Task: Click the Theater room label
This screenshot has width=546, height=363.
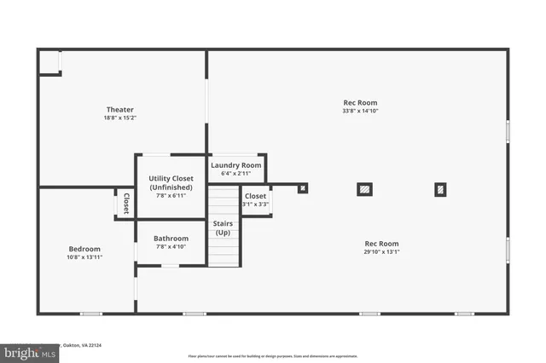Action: click(119, 109)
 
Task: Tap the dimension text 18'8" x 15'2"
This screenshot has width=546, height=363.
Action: click(119, 118)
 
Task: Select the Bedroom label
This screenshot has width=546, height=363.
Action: click(84, 249)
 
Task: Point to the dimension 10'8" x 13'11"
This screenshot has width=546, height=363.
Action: click(84, 257)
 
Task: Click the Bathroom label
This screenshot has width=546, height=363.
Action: click(171, 239)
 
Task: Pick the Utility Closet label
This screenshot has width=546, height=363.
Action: click(171, 179)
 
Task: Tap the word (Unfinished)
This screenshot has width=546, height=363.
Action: click(171, 187)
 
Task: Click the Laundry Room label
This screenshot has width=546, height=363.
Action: click(236, 165)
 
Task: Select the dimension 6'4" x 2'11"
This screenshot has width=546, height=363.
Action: click(236, 174)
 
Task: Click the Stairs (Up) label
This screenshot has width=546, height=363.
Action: click(223, 228)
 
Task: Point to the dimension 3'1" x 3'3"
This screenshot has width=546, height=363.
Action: click(255, 205)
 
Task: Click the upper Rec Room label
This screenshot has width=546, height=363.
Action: click(359, 102)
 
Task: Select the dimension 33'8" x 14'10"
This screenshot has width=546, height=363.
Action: click(359, 111)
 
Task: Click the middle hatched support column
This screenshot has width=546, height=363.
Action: click(364, 189)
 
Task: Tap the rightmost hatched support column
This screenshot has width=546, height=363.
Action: click(440, 189)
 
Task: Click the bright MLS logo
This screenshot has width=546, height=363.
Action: click(26, 352)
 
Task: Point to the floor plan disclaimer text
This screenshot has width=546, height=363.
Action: click(273, 355)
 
